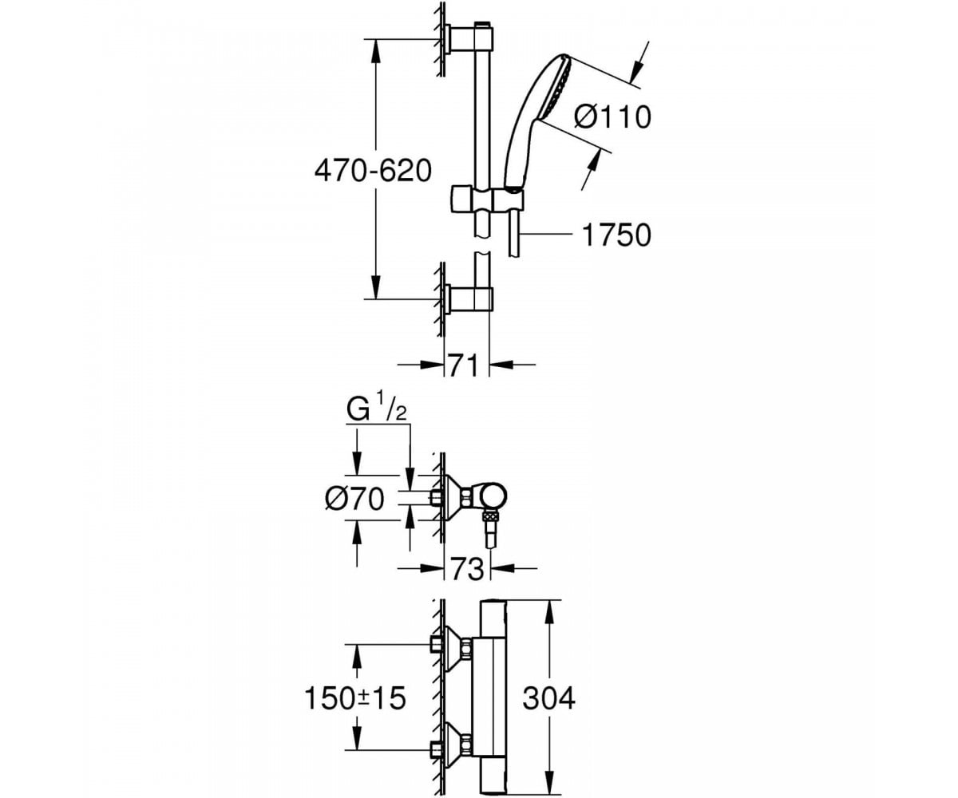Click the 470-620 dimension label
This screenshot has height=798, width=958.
373,171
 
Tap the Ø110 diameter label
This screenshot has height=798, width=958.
613,117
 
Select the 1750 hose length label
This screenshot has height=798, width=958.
616,235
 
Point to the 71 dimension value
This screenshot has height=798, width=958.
463,365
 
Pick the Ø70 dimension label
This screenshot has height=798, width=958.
354,499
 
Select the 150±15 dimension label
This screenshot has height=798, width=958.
355,699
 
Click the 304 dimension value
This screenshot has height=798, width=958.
548,699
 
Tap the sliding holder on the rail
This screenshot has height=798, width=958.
486,199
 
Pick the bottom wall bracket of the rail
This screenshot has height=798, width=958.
469,299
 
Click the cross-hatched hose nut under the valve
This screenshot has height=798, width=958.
490,517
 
